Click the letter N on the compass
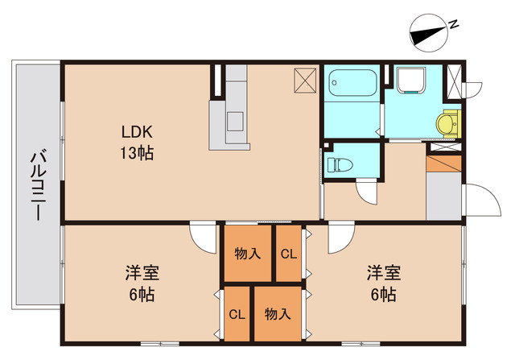455,24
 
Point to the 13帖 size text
138,152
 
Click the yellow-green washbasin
447,124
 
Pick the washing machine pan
416,82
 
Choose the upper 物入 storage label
247,254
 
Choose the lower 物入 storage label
278,314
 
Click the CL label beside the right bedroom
288,254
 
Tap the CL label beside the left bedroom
237,314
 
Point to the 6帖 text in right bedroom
381,294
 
